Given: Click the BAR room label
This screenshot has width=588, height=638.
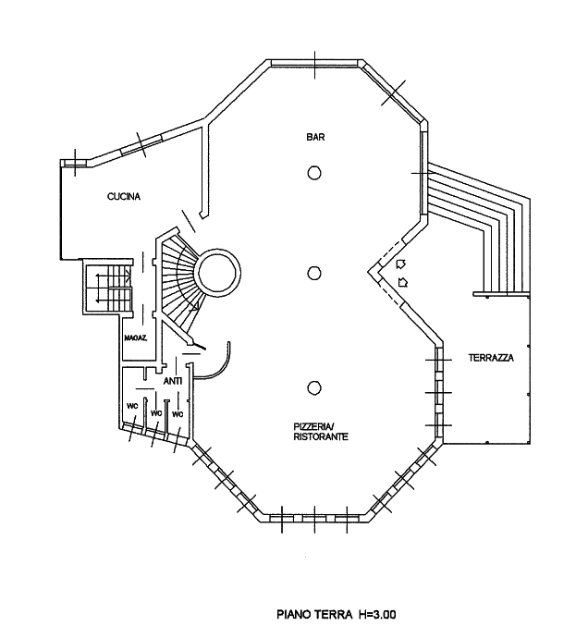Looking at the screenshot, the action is click(315, 137).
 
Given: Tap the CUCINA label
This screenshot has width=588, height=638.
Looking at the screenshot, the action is click(124, 197).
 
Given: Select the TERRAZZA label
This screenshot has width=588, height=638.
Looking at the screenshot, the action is click(491, 358).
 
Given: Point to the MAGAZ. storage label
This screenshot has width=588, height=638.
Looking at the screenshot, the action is click(136, 337).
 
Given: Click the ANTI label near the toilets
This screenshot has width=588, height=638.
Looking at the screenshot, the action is click(173, 381).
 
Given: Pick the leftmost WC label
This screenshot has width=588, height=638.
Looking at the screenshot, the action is click(132, 406).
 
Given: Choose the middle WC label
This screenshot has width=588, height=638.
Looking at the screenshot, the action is click(156, 413).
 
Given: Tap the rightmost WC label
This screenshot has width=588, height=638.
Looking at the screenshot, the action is click(178, 414).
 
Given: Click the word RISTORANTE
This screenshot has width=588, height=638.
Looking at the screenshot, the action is click(321, 437).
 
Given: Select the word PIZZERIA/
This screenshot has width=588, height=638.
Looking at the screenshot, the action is click(313, 427).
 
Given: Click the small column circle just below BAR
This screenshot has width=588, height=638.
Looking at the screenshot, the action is click(314, 173).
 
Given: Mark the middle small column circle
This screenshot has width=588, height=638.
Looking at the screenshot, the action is click(313, 273).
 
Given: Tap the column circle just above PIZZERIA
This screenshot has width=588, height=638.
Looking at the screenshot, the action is click(313, 387).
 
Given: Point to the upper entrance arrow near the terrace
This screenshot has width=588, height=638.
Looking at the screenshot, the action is click(401, 264).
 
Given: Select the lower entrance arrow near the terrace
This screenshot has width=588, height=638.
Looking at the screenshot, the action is click(402, 282).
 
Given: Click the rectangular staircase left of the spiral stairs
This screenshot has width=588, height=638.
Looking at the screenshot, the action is click(109, 287).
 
